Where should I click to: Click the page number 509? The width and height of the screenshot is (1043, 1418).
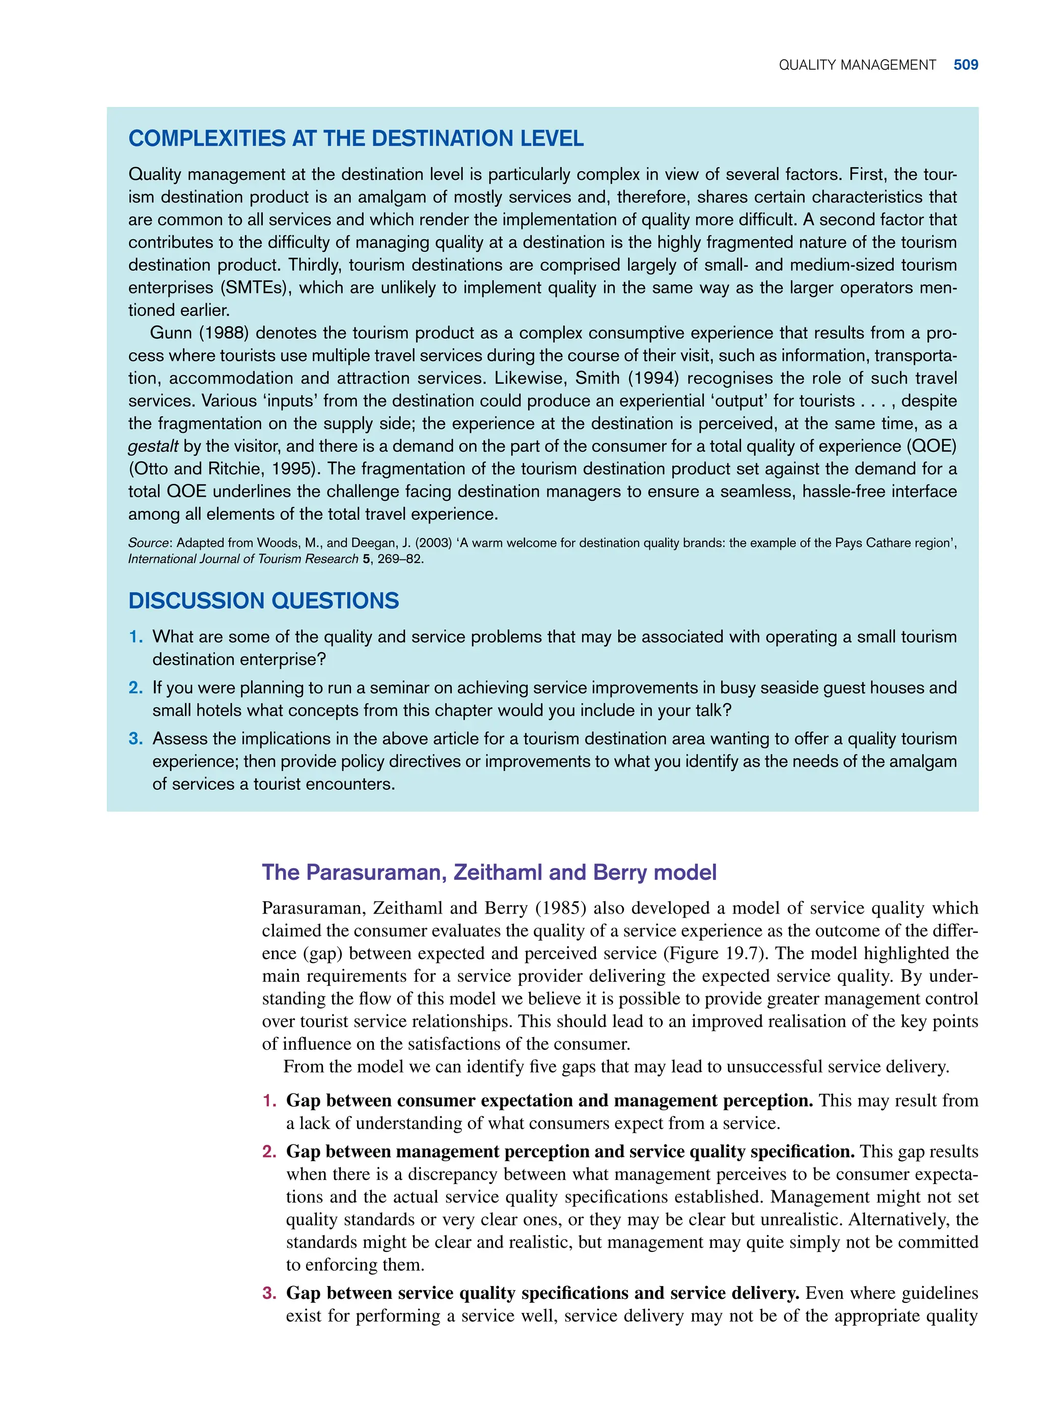(x=966, y=65)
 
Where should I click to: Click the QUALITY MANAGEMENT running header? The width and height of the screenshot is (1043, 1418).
(x=857, y=65)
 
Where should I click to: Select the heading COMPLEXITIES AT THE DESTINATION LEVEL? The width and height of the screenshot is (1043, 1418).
(x=355, y=138)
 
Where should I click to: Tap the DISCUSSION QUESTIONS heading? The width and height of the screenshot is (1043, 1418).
(x=263, y=600)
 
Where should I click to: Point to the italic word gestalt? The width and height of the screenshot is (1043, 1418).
(x=153, y=446)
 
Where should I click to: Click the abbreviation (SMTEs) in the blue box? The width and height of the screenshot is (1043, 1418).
(x=255, y=288)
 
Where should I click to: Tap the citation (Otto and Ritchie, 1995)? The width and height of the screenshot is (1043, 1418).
(x=224, y=469)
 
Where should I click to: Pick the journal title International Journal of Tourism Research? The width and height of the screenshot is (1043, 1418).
(x=243, y=559)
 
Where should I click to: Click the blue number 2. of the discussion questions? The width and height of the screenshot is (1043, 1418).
(x=136, y=688)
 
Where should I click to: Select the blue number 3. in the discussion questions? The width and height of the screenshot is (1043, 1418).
(x=136, y=739)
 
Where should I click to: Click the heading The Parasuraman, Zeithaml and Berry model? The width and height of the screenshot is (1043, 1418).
(x=489, y=872)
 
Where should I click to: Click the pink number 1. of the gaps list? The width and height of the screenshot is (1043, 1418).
(x=269, y=1101)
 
